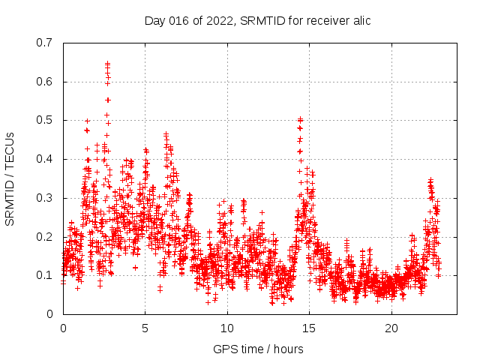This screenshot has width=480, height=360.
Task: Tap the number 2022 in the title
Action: (x=215, y=20)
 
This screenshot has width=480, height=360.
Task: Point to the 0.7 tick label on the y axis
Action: (x=45, y=43)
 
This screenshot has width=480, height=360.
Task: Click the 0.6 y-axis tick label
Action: (x=45, y=82)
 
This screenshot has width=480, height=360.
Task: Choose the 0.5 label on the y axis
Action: (x=45, y=120)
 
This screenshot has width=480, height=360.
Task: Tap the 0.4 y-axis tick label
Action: (x=45, y=159)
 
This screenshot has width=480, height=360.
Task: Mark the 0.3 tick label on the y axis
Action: (x=45, y=198)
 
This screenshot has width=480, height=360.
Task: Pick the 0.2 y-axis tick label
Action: (x=45, y=236)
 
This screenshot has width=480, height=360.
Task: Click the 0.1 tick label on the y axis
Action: (x=45, y=275)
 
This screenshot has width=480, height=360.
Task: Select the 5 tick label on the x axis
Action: (x=145, y=328)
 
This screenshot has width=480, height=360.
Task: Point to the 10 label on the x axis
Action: (x=227, y=328)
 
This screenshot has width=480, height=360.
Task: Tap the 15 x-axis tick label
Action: (x=310, y=328)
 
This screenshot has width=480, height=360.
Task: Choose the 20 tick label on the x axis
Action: (x=391, y=328)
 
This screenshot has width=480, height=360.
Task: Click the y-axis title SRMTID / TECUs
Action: (x=10, y=179)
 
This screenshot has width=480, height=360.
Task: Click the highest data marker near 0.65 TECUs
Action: (x=107, y=64)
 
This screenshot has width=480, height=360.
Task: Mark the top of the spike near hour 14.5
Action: (x=301, y=119)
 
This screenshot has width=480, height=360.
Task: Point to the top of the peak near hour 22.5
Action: (x=430, y=180)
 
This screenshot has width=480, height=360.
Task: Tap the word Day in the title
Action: (x=155, y=20)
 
